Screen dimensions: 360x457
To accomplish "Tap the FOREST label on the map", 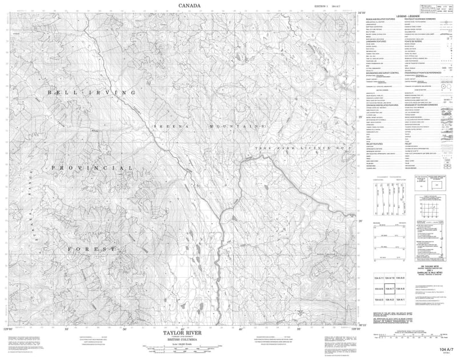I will pos(91,250).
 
